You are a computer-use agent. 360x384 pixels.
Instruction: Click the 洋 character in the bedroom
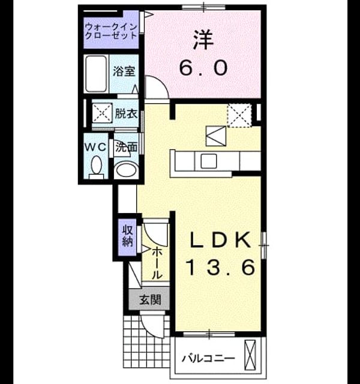click(203, 40)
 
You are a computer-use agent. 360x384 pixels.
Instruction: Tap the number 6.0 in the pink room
click(203, 68)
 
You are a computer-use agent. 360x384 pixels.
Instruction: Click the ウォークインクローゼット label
click(111, 31)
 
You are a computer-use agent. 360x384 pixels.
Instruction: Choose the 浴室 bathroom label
click(124, 71)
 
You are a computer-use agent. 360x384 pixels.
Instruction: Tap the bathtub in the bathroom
click(96, 74)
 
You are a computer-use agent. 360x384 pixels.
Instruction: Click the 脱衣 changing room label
click(127, 113)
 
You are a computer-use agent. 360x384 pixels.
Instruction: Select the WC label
click(95, 147)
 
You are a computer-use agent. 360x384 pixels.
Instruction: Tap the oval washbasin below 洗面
click(126, 169)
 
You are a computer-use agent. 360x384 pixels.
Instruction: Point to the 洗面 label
click(126, 147)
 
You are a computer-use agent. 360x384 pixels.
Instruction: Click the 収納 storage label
click(128, 236)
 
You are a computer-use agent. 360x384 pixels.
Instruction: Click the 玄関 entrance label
click(150, 299)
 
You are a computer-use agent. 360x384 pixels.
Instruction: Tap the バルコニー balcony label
click(208, 359)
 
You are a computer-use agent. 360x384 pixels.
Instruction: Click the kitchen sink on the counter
click(209, 161)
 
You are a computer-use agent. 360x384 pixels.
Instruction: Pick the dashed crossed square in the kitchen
click(239, 115)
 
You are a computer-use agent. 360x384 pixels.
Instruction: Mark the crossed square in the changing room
click(102, 113)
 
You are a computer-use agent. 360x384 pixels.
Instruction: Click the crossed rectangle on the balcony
click(250, 355)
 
